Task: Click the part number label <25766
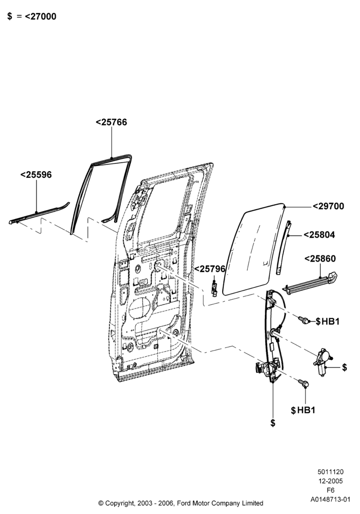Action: tap(112, 122)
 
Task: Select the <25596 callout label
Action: tap(36, 174)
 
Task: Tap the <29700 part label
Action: tap(328, 206)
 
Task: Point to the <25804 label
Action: tap(319, 235)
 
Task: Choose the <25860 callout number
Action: tap(320, 259)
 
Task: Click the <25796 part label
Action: tap(210, 269)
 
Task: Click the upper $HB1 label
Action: tap(328, 322)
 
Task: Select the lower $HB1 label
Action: tap(303, 410)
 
